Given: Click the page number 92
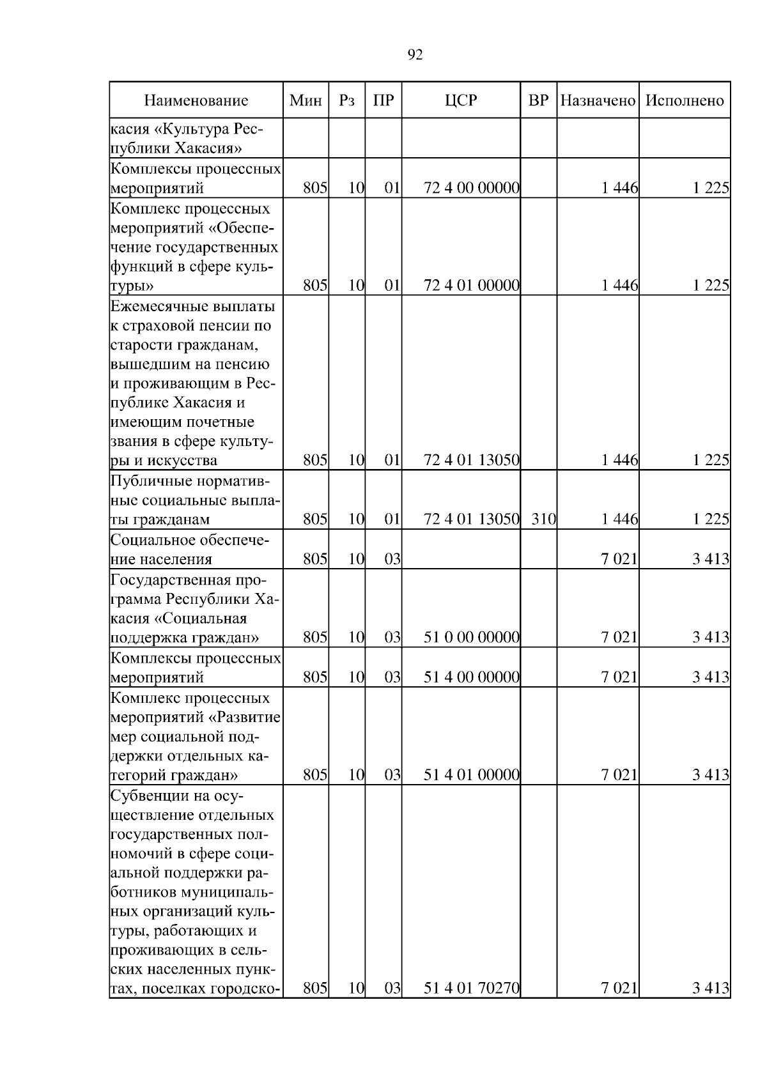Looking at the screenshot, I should pyautogui.click(x=415, y=56).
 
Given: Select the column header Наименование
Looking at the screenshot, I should pyautogui.click(x=196, y=101).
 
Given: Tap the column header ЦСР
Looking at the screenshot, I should pyautogui.click(x=461, y=101).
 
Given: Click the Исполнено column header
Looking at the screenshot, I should pyautogui.click(x=685, y=101).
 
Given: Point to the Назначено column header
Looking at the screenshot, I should pyautogui.click(x=598, y=101).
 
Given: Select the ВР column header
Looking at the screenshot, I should pyautogui.click(x=538, y=101).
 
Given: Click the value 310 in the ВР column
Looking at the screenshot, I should pyautogui.click(x=543, y=519).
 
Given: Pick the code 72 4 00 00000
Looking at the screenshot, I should pyautogui.click(x=471, y=189).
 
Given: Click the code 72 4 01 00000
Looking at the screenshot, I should pyautogui.click(x=471, y=286).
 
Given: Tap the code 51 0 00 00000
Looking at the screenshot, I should pyautogui.click(x=471, y=638).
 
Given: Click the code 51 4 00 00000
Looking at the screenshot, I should pyautogui.click(x=471, y=677).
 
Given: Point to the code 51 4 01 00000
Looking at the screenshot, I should pyautogui.click(x=471, y=775).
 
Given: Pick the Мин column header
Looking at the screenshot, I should pyautogui.click(x=306, y=101).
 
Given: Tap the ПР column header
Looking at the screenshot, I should pyautogui.click(x=383, y=101).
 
